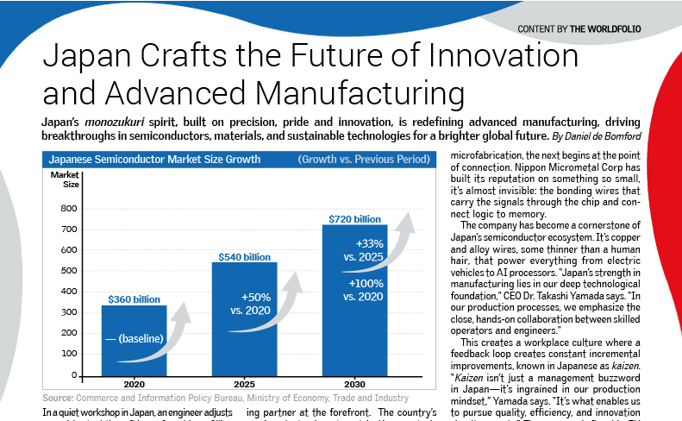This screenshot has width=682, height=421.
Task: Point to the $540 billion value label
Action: pyautogui.click(x=245, y=256)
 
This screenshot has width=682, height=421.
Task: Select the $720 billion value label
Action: pyautogui.click(x=354, y=219)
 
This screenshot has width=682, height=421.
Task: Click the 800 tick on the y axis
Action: pyautogui.click(x=69, y=208)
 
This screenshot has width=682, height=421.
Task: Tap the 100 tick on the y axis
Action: pyautogui.click(x=69, y=355)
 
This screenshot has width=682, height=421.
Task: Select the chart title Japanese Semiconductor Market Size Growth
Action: pyautogui.click(x=141, y=160)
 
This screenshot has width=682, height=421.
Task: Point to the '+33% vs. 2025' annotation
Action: pyautogui.click(x=361, y=248)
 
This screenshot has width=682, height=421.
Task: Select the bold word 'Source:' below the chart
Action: pyautogui.click(x=56, y=398)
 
